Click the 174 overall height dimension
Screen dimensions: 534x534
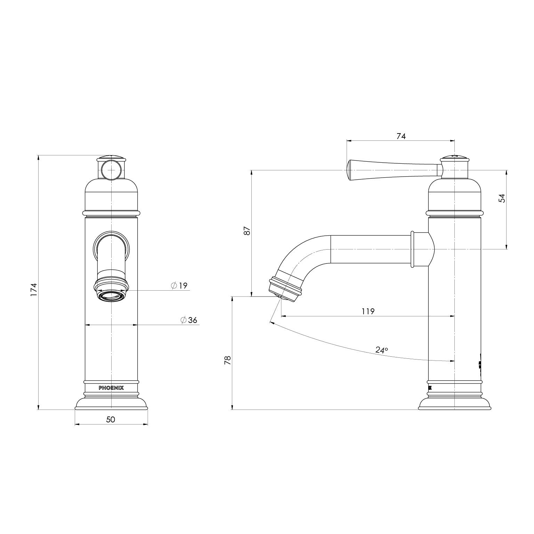(x=34, y=290)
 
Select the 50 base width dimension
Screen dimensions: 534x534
(x=111, y=420)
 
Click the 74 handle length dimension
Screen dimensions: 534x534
(x=401, y=136)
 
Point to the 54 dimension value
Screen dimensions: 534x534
(x=502, y=198)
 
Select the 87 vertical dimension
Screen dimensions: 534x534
(x=247, y=230)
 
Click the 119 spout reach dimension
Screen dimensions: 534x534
(x=368, y=311)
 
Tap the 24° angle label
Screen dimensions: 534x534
(x=381, y=350)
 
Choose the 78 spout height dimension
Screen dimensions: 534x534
(x=228, y=360)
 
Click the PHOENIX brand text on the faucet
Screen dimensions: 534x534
(x=111, y=388)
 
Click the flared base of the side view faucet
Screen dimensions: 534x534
(x=454, y=404)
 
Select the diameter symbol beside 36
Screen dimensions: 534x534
(x=184, y=320)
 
